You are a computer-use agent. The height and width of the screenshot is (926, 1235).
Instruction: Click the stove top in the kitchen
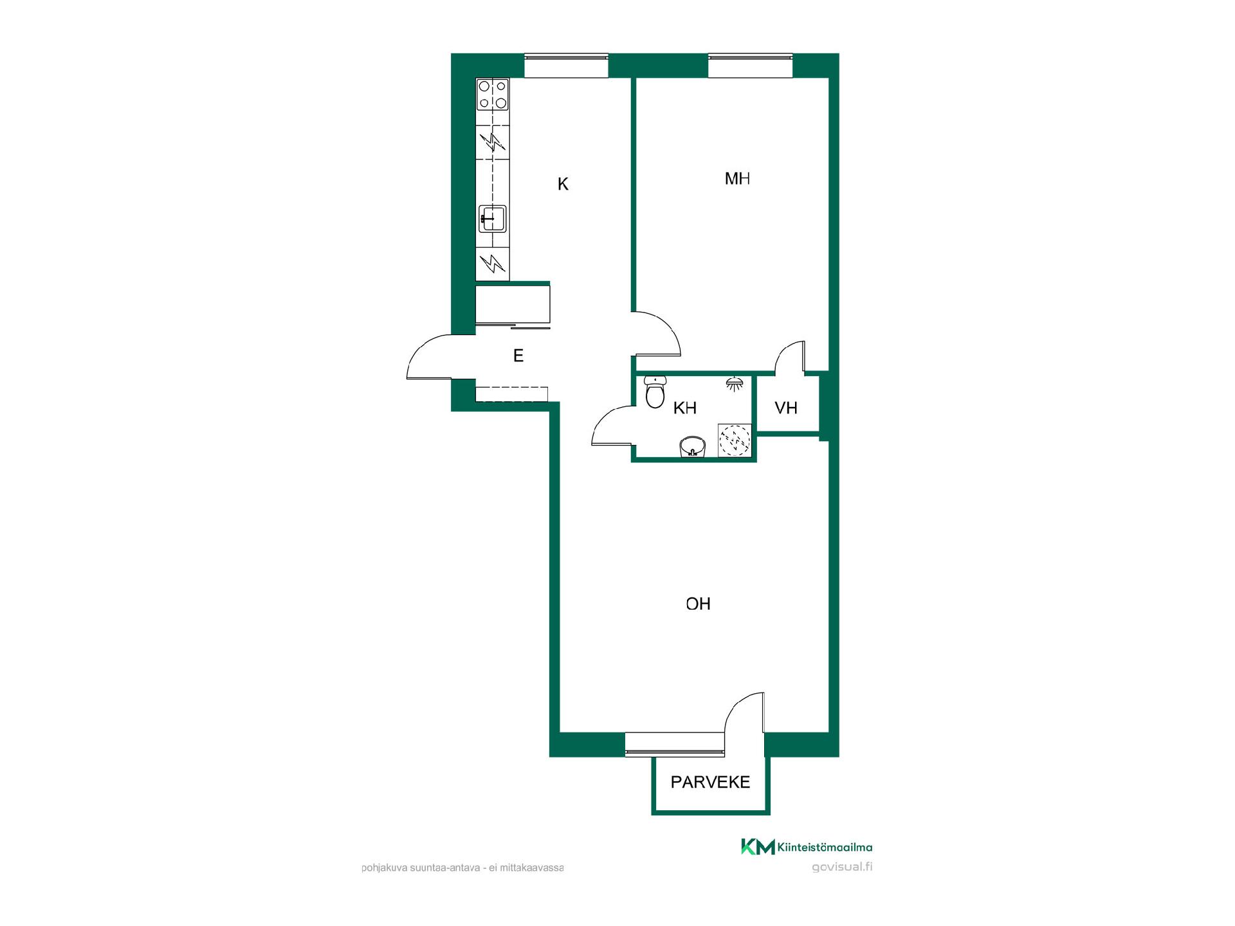tap(493, 95)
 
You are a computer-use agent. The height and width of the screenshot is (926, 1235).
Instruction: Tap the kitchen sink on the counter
tap(493, 219)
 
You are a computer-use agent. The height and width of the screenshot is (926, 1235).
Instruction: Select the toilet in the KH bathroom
tap(655, 392)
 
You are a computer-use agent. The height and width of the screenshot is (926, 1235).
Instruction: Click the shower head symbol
tap(735, 383)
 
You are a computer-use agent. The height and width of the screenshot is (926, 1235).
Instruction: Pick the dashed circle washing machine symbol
tap(735, 440)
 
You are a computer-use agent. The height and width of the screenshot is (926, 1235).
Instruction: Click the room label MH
tap(737, 178)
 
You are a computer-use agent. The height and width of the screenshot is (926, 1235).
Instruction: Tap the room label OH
tap(698, 604)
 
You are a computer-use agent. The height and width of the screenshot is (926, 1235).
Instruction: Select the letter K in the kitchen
tap(563, 185)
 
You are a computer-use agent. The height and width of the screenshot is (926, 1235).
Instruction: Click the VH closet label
tap(786, 408)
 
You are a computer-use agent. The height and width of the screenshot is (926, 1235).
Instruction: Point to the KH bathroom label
tap(685, 408)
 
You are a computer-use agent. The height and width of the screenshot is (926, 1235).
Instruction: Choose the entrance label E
tap(518, 356)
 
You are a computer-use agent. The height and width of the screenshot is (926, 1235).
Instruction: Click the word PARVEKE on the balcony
tap(710, 782)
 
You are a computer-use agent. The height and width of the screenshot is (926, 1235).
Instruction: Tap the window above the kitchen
tap(566, 66)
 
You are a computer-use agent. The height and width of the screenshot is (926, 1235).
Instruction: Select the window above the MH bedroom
tap(750, 66)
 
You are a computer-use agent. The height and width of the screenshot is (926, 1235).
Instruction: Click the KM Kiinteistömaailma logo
tap(807, 847)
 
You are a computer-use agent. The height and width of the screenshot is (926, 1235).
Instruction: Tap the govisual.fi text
tap(842, 867)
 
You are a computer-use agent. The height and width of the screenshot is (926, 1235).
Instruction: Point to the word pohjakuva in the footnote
tap(382, 867)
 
